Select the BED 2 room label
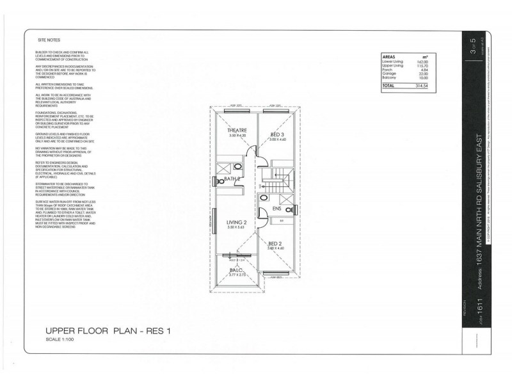tap(276, 243)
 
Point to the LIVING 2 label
tap(236, 222)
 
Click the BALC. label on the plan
tap(236, 270)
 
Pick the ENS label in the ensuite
tap(276, 209)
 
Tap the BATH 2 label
tap(232, 180)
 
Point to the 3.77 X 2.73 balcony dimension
tap(237, 276)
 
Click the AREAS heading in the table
tap(389, 56)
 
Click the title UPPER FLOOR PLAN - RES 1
tap(105, 332)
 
